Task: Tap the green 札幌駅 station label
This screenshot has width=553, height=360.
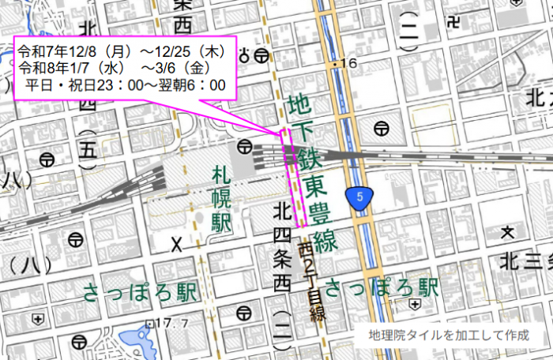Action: tap(221, 198)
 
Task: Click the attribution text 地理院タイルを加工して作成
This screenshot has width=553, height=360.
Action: tap(449, 335)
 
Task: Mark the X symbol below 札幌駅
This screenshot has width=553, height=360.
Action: tap(177, 246)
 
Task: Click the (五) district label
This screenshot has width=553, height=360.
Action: tap(87, 146)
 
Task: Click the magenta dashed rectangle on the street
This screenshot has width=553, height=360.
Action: tap(294, 177)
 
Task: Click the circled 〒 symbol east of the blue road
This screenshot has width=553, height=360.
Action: tap(382, 127)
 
